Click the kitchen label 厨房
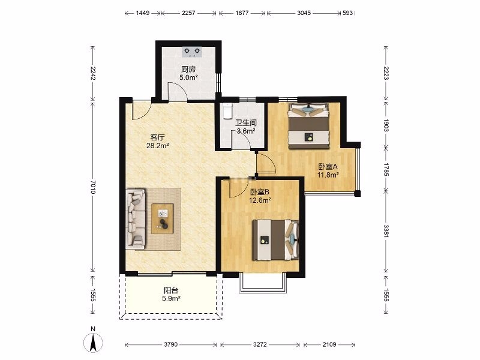pyautogui.click(x=188, y=69)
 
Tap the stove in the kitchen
pyautogui.click(x=191, y=52)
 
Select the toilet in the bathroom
pyautogui.click(x=228, y=111)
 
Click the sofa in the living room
pyautogui.click(x=136, y=219)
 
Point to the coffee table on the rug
pyautogui.click(x=162, y=218)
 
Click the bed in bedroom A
pyautogui.click(x=308, y=126)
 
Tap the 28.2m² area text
pyautogui.click(x=158, y=146)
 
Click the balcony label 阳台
pyautogui.click(x=171, y=290)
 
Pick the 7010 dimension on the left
pyautogui.click(x=93, y=187)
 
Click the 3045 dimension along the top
pyautogui.click(x=304, y=13)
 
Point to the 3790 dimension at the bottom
pyautogui.click(x=170, y=344)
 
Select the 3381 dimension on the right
pyautogui.click(x=386, y=231)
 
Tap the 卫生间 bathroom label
pyautogui.click(x=246, y=123)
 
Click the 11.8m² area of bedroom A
pyautogui.click(x=328, y=175)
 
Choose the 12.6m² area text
pyautogui.click(x=260, y=200)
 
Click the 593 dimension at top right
pyautogui.click(x=348, y=13)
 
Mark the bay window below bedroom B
pyautogui.click(x=263, y=283)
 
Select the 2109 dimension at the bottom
pyautogui.click(x=329, y=344)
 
